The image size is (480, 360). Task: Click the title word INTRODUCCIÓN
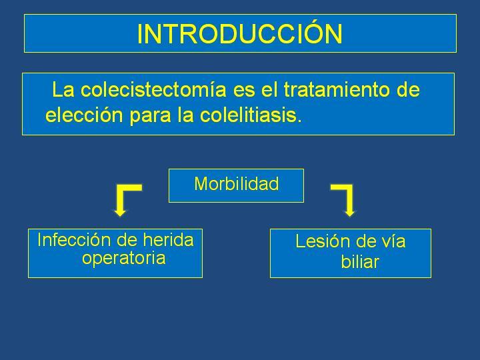(240, 33)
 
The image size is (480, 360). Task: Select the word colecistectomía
(153, 90)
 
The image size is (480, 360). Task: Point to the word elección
(84, 115)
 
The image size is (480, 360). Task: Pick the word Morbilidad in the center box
(236, 184)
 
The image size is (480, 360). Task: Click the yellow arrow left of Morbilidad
(125, 200)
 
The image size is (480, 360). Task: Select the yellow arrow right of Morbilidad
(344, 200)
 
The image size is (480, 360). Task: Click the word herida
(168, 240)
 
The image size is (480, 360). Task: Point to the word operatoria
(124, 258)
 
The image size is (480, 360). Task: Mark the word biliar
(360, 262)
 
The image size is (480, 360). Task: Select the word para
(150, 116)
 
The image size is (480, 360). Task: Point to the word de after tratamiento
(408, 90)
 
